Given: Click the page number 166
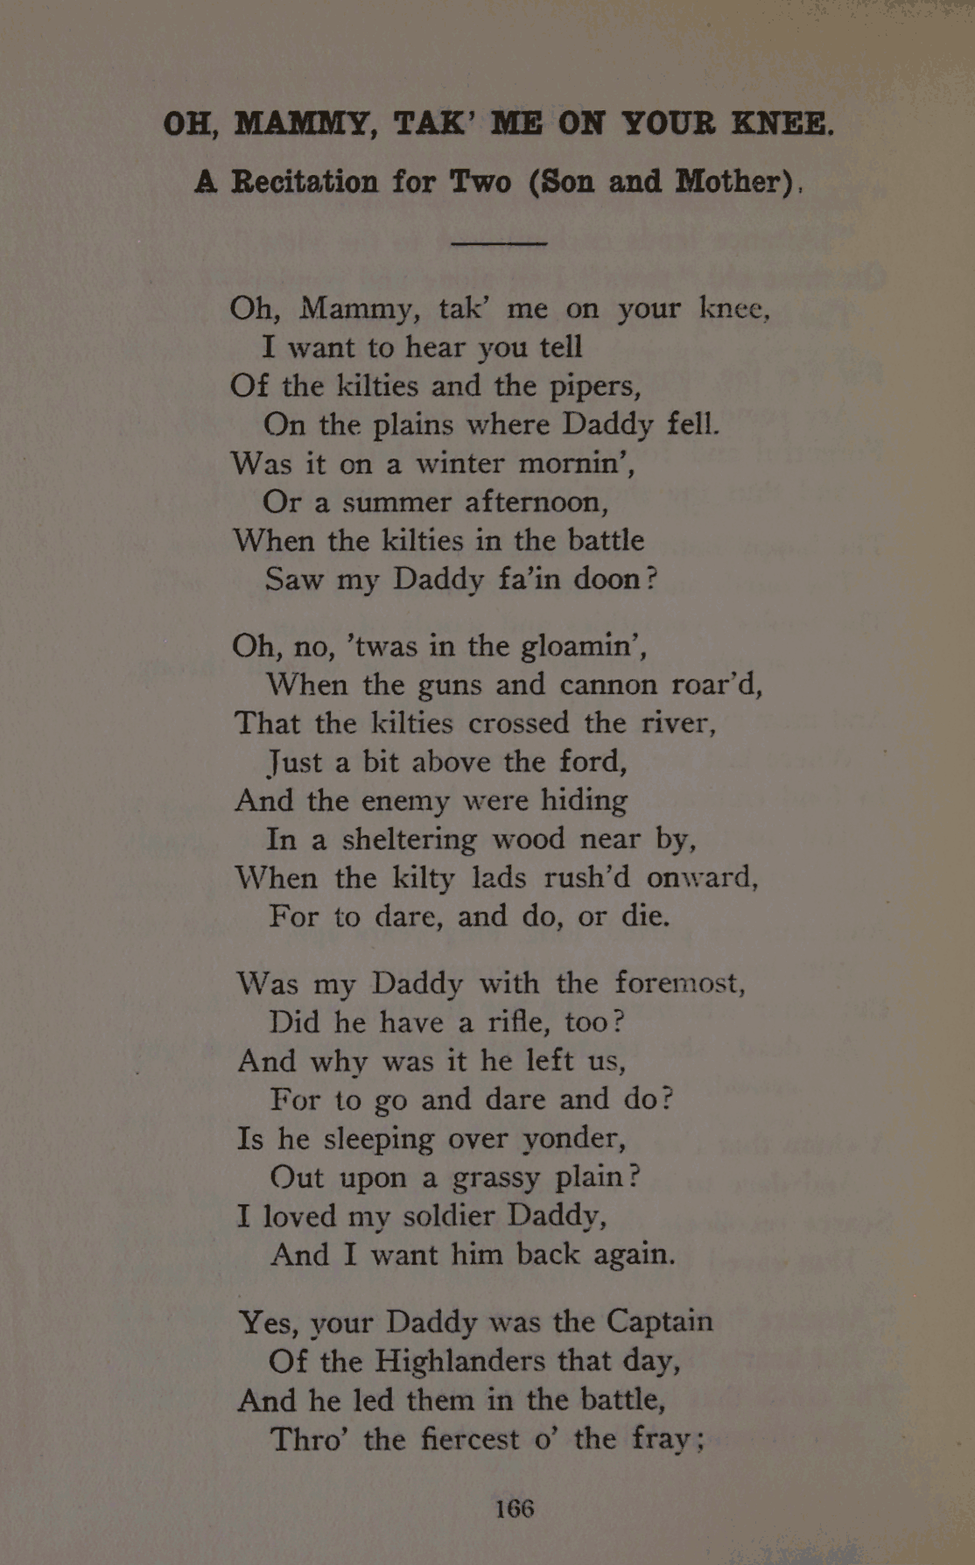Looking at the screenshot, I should click(515, 1507).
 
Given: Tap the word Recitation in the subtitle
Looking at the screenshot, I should click(305, 182).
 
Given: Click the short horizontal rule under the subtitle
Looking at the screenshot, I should click(498, 243).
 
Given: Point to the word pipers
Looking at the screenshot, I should click(594, 387).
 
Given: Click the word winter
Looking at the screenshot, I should click(460, 463).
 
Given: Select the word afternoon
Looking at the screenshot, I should click(536, 502).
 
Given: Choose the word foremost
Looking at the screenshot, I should click(679, 983).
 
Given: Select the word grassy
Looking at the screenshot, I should click(495, 1179).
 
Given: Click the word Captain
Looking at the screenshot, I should click(660, 1320).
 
